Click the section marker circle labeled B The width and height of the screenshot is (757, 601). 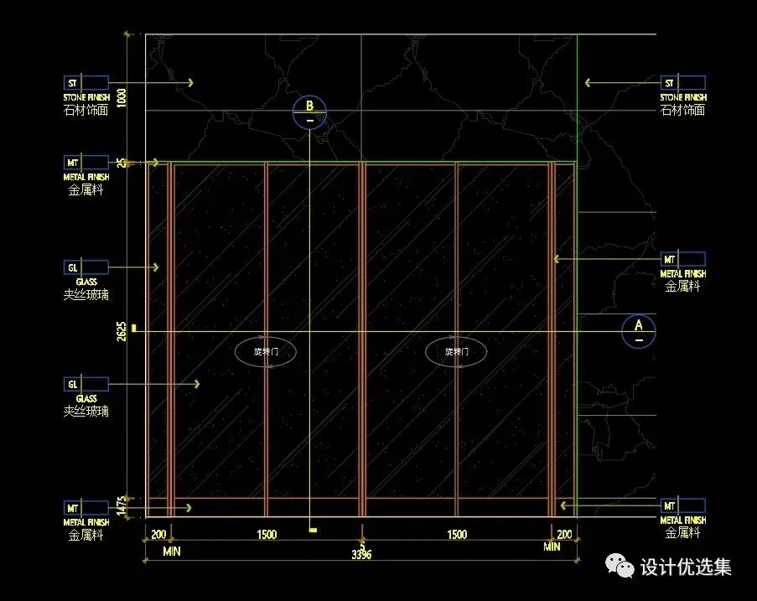coord(309,112)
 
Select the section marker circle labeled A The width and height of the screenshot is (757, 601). coord(638,331)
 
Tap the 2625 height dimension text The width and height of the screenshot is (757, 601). coord(122,331)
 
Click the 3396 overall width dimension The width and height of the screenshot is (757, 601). coord(361,554)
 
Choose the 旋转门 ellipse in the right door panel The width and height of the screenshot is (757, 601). coord(456,352)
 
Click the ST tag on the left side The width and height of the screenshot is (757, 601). coord(72,83)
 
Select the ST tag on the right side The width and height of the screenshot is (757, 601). coord(669,83)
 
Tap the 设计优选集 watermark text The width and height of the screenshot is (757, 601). coord(686,567)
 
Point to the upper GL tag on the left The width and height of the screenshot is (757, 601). coord(72,267)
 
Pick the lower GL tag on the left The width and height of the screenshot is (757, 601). coord(72,384)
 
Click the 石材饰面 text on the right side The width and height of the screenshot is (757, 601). coord(682,110)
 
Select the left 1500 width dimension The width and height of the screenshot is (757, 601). coord(267,535)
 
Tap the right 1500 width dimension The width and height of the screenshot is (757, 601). coord(456,535)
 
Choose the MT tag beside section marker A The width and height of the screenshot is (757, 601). coord(669,259)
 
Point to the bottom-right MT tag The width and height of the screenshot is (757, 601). coord(669,506)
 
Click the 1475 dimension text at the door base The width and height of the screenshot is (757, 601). coord(122,505)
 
